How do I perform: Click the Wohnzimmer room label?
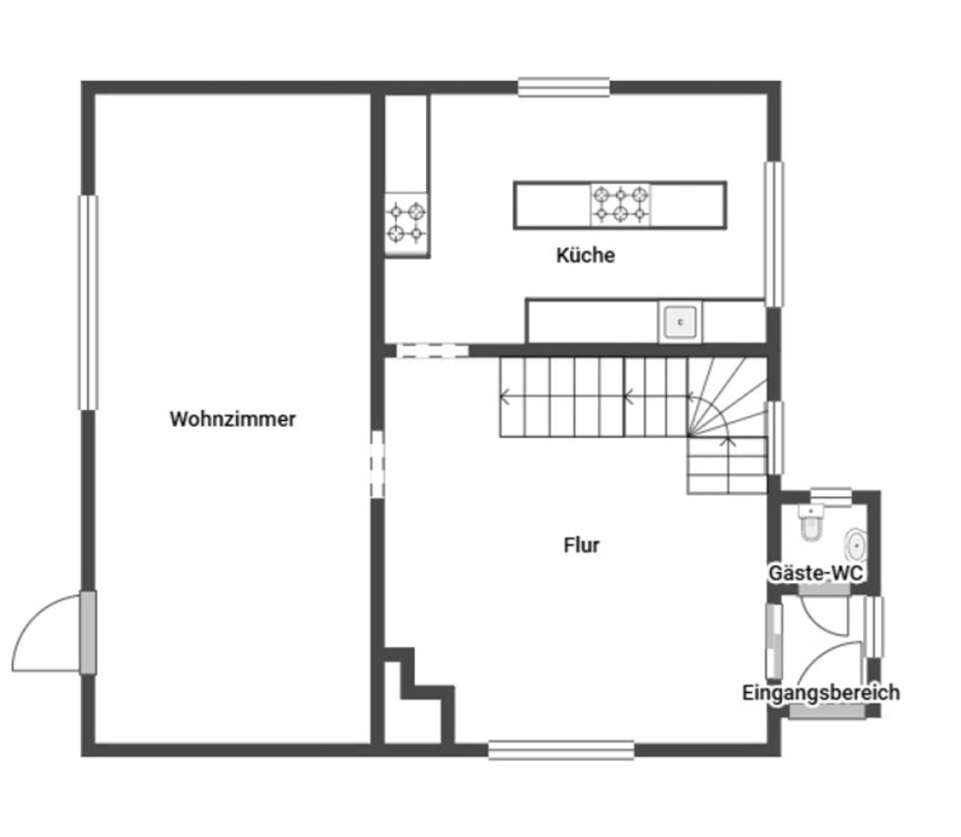point(233,419)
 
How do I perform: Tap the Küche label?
point(585,255)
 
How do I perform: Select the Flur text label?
point(581,545)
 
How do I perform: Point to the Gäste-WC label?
point(816,573)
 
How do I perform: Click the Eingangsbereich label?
point(821,693)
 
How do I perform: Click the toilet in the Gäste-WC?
point(811,522)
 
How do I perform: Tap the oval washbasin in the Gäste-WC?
point(856,545)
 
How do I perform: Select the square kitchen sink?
point(680,322)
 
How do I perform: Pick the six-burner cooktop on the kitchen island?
point(621,205)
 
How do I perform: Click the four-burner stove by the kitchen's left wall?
point(407,222)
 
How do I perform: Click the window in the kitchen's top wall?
point(564,87)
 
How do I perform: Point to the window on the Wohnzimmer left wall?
point(88,302)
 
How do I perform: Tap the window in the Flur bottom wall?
point(561,750)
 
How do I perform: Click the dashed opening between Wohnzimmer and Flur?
point(378,464)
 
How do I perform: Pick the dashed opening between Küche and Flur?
point(433,352)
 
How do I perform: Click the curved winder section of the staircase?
point(727,397)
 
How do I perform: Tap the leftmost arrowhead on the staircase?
point(505,396)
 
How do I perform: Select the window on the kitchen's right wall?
point(774,234)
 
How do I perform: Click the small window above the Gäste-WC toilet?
point(831,497)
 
